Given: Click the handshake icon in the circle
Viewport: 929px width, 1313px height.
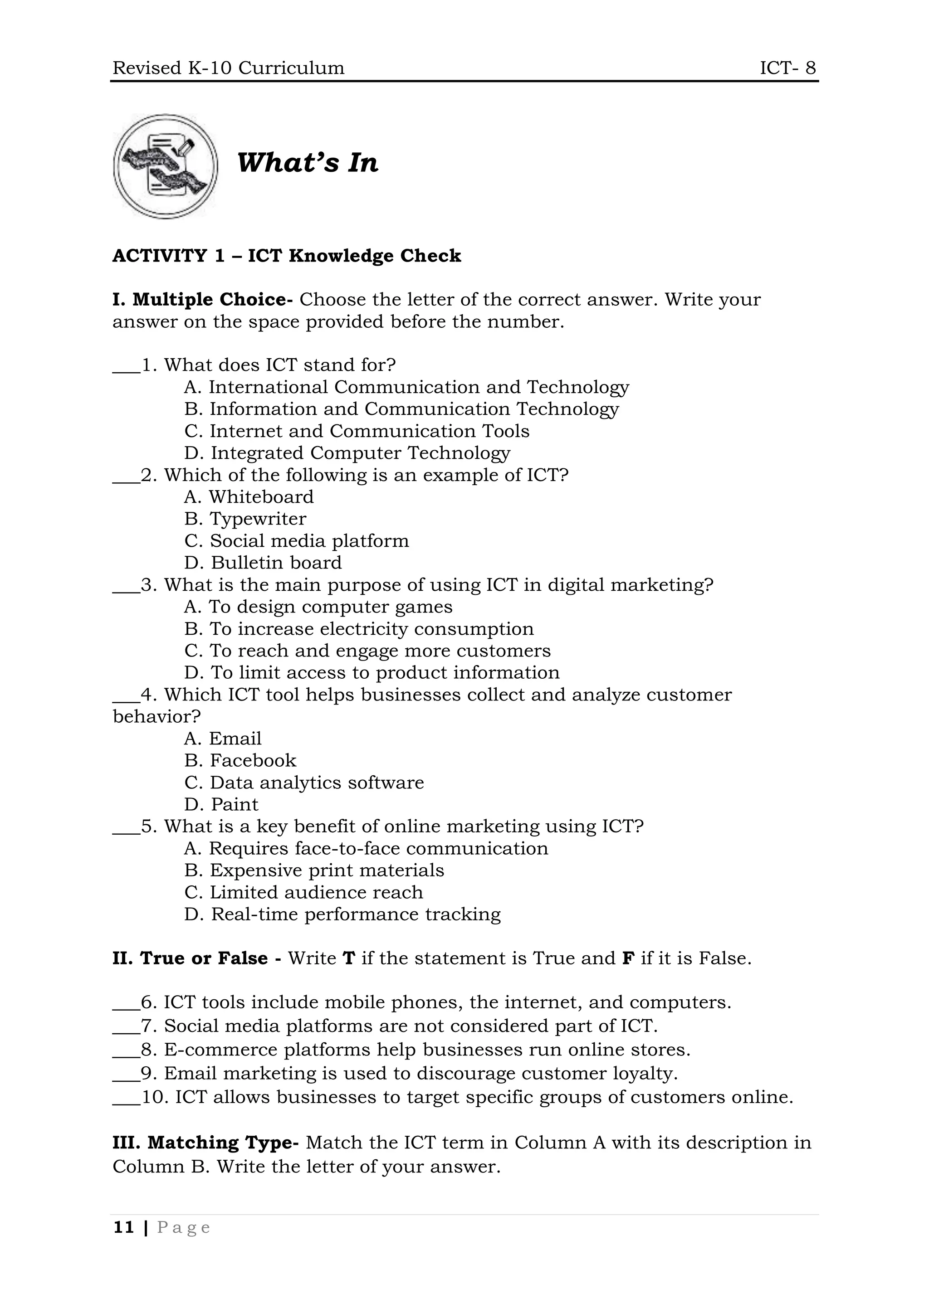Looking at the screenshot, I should (165, 166).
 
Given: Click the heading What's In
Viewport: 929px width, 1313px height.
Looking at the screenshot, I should (307, 162).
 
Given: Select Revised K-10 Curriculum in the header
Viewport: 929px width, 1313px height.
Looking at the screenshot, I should (228, 68).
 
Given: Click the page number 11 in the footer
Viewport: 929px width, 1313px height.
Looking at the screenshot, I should (123, 1227).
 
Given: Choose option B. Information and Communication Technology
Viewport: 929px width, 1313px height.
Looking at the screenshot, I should (401, 409).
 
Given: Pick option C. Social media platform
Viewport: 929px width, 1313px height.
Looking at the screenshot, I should (296, 540).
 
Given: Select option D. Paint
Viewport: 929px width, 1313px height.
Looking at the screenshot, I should (221, 805).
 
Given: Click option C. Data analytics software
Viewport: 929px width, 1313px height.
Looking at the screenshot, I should (304, 782).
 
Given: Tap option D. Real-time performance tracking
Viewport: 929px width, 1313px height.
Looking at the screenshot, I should (342, 914).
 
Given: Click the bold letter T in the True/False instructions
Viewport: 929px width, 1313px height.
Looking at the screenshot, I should (349, 958).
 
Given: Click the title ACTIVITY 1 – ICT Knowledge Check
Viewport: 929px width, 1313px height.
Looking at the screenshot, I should (287, 256).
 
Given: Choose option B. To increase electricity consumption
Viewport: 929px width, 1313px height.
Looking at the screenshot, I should (359, 628).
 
